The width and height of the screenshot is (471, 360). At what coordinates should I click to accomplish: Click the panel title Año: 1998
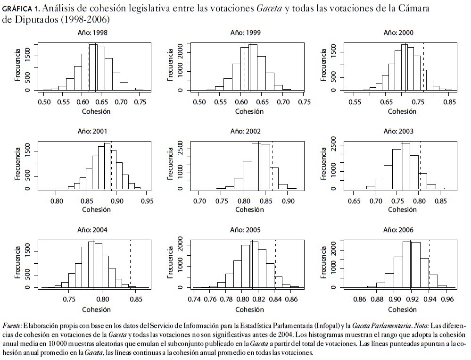[92, 33]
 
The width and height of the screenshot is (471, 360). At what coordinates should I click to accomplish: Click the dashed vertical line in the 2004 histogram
[130, 264]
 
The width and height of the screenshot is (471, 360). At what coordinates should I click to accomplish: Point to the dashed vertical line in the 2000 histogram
[423, 66]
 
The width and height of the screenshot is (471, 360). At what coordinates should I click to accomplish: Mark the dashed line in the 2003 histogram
[420, 165]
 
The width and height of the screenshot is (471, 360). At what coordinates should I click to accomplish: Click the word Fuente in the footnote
[12, 326]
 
